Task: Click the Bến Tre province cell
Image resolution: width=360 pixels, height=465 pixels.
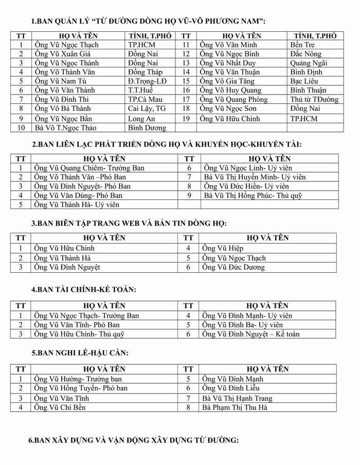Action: pos(302,45)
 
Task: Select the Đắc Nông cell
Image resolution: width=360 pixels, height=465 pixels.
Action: pos(305,54)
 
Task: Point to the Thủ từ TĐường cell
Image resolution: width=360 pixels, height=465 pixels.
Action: pos(314,99)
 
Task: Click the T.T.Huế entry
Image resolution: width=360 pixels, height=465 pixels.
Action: pos(140,90)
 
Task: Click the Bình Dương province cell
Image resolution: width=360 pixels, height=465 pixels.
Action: pos(147,127)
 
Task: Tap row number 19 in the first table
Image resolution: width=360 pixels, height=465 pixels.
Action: pos(186,119)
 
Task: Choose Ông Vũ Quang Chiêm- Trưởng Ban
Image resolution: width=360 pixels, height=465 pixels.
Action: pos(89,168)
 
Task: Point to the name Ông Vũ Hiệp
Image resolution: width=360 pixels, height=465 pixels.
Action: pos(219,248)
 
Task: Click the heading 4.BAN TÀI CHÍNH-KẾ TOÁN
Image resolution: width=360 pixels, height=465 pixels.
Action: pos(84,290)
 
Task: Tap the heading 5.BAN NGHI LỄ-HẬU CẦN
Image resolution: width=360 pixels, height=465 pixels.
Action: pos(80,353)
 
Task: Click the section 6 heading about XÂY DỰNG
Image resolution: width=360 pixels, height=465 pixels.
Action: pos(134,441)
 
